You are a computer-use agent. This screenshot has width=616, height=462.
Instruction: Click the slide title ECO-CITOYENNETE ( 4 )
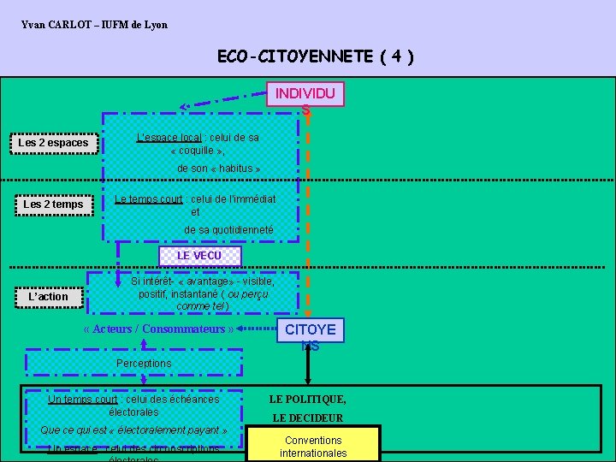pos(316,57)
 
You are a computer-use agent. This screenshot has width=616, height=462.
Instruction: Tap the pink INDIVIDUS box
pos(305,94)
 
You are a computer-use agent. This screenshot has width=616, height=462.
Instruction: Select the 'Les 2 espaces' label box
pos(53,143)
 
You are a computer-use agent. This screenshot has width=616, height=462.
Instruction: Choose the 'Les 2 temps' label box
pos(53,204)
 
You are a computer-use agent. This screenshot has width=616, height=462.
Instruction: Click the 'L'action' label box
pos(48,297)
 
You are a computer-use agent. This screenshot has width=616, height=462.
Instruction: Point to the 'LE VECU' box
pos(199,256)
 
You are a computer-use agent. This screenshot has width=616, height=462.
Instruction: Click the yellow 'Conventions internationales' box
pos(313,447)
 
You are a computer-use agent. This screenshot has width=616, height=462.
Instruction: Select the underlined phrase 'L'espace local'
pos(169,138)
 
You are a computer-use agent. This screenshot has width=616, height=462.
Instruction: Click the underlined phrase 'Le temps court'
pos(149,199)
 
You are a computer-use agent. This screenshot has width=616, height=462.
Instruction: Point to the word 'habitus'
pos(234,169)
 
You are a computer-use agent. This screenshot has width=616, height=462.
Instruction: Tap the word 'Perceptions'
pos(143,364)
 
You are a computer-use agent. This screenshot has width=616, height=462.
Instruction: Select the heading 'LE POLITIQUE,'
pos(308,400)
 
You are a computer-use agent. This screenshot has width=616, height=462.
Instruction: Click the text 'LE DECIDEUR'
pos(308,418)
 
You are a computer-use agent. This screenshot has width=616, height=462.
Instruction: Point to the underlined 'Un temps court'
pos(83,399)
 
